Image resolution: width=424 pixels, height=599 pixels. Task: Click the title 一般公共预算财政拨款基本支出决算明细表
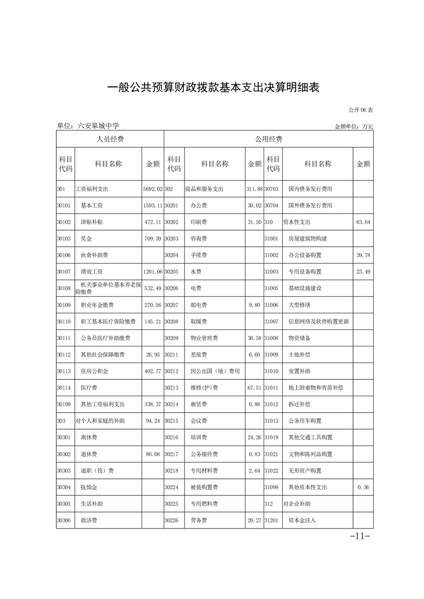coord(213,87)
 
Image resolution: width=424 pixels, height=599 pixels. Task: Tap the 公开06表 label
coord(360,109)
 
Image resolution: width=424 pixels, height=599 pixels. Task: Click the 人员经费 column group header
coord(110,139)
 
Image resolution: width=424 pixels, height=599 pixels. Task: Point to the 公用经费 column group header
coord(268,139)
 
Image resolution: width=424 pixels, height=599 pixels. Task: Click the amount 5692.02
coord(152,189)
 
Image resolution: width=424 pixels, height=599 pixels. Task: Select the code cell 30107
coord(64,272)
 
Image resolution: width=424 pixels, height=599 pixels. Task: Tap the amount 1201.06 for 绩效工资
coord(152,272)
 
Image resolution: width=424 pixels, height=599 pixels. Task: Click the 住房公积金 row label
coord(94,371)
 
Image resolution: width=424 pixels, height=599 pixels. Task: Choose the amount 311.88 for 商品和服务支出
coord(254,189)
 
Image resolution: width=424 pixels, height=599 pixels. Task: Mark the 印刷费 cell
coord(199,222)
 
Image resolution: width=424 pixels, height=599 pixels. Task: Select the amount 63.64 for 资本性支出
coord(363,222)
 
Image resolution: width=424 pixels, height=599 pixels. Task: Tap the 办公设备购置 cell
coord(305,255)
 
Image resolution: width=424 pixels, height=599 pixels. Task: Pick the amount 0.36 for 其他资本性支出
coord(363,487)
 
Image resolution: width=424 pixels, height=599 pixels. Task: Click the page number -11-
coord(360,536)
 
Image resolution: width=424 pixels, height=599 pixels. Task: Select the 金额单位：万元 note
coord(353,127)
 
